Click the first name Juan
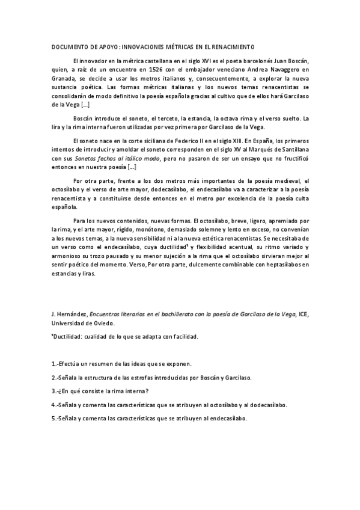285,61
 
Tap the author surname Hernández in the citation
73,314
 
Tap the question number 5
53,418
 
